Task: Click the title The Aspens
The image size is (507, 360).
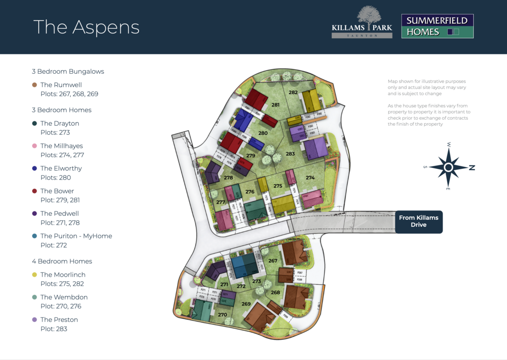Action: tap(87, 27)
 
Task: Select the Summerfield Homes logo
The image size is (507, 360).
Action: tap(437, 26)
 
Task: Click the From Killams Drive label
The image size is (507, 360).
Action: tap(418, 221)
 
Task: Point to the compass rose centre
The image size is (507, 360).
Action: tap(449, 167)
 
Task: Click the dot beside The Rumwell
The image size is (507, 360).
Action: tap(34, 85)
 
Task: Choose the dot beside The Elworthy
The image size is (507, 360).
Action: tap(34, 168)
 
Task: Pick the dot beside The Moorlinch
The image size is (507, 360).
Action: tap(34, 275)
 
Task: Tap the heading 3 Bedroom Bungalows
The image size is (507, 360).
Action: tap(68, 71)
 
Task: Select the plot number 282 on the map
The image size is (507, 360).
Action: tap(293, 93)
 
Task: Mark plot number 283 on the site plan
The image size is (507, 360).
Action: tap(290, 154)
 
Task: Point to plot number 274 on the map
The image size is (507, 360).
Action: tap(310, 178)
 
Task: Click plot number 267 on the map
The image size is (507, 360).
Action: tap(273, 260)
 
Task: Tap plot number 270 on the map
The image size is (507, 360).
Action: tap(222, 314)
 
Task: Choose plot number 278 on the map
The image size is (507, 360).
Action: tap(228, 178)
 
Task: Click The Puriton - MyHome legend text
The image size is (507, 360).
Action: tap(76, 236)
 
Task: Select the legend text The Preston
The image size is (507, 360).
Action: tap(59, 319)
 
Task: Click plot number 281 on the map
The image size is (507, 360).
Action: tap(276, 105)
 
